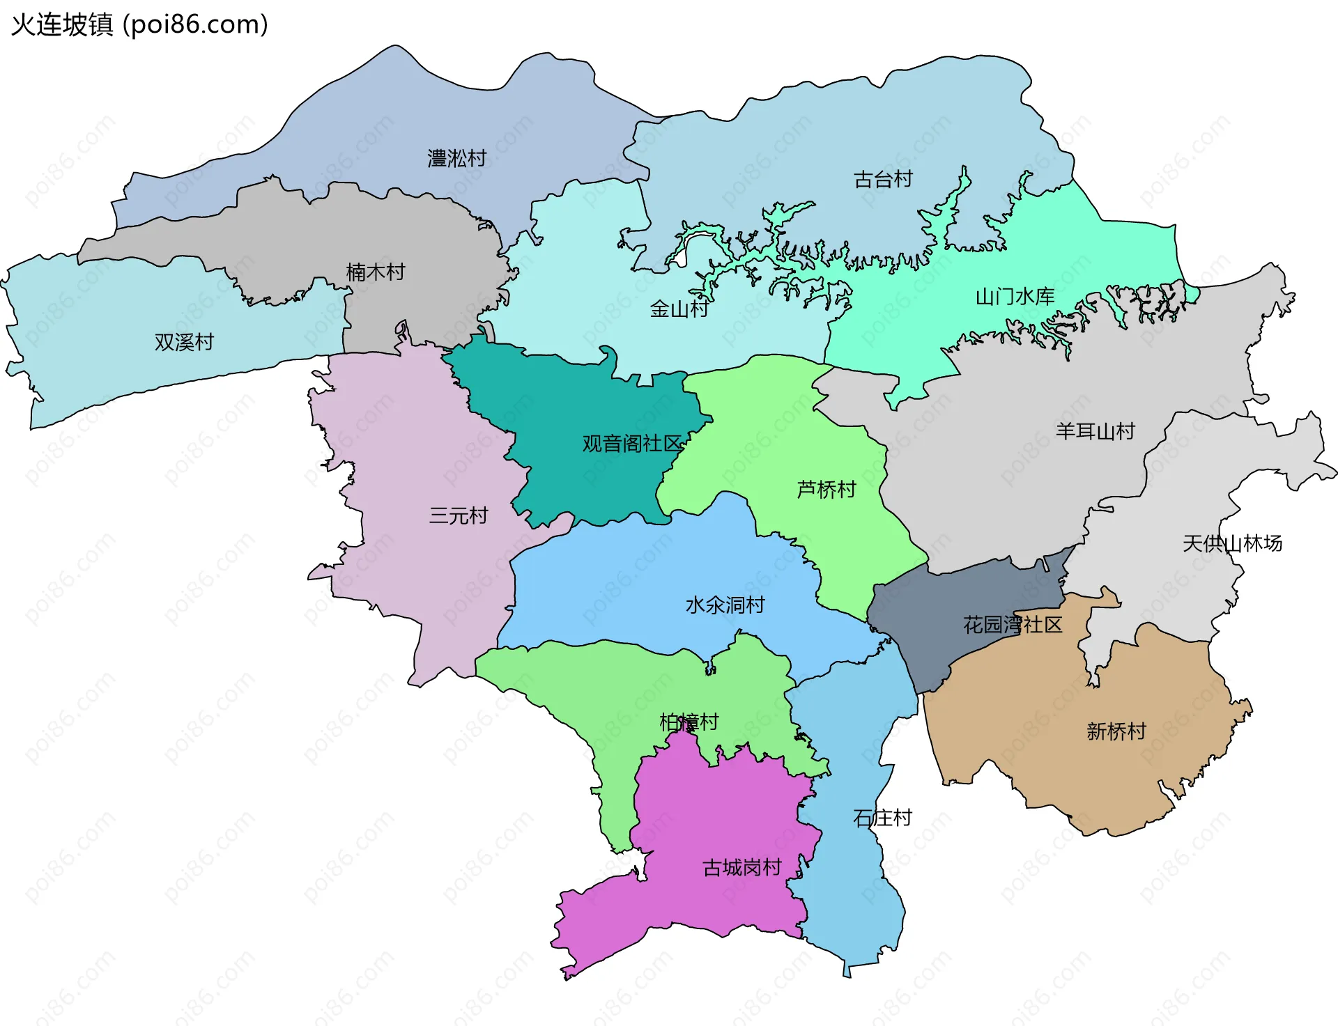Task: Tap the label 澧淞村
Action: click(456, 159)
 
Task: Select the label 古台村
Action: click(883, 180)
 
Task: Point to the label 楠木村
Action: click(376, 272)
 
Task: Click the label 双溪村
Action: click(184, 342)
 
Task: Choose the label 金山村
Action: click(679, 309)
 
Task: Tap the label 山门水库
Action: click(1015, 297)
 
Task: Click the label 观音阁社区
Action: click(631, 443)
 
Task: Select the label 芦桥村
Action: click(826, 490)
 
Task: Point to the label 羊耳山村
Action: click(1095, 431)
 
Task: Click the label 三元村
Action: click(458, 515)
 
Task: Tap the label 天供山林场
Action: click(1232, 543)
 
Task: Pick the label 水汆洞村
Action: click(725, 605)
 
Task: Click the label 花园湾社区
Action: click(1012, 625)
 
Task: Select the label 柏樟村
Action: click(689, 722)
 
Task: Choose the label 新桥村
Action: click(1116, 731)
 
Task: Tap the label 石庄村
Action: click(882, 818)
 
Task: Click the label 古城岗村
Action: click(741, 868)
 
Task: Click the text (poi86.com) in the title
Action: click(195, 24)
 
